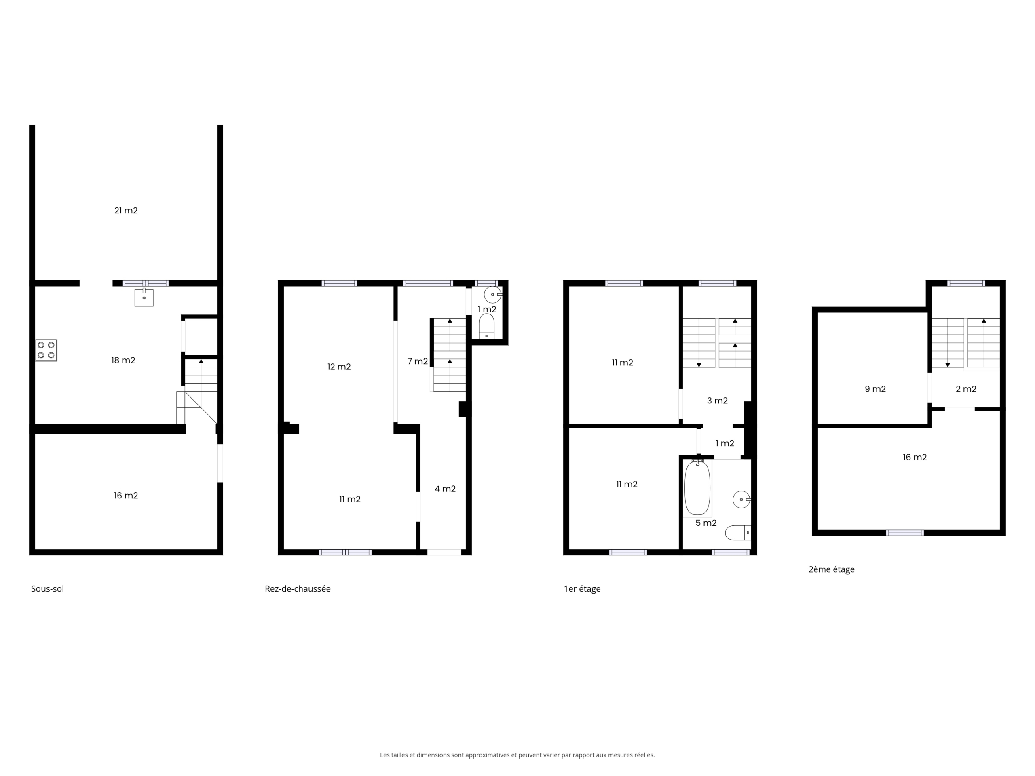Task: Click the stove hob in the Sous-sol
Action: (x=46, y=350)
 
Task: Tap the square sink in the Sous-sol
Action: (x=144, y=297)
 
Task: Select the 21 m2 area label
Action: (x=126, y=211)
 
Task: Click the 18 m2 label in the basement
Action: (x=123, y=360)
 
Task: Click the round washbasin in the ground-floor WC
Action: (x=493, y=295)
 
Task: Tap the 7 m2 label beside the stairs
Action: (x=417, y=361)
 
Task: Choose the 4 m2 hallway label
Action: (x=445, y=489)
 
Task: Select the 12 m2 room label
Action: (x=339, y=367)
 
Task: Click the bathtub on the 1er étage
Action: (x=697, y=487)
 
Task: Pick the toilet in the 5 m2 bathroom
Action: (x=738, y=532)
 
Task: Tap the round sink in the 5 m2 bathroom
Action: (x=741, y=500)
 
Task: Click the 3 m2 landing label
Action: (x=717, y=401)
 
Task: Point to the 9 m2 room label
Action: (x=875, y=389)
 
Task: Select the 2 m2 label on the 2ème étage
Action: (x=966, y=389)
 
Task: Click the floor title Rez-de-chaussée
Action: (x=298, y=589)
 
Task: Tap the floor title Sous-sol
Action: (x=47, y=589)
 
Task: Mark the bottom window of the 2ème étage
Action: (x=905, y=532)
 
